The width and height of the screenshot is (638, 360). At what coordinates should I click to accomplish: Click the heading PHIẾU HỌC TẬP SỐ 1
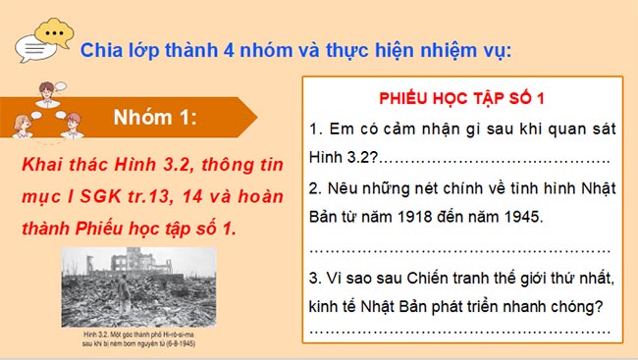pyautogui.click(x=461, y=99)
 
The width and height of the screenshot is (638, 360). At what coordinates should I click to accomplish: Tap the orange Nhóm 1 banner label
pyautogui.click(x=156, y=121)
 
